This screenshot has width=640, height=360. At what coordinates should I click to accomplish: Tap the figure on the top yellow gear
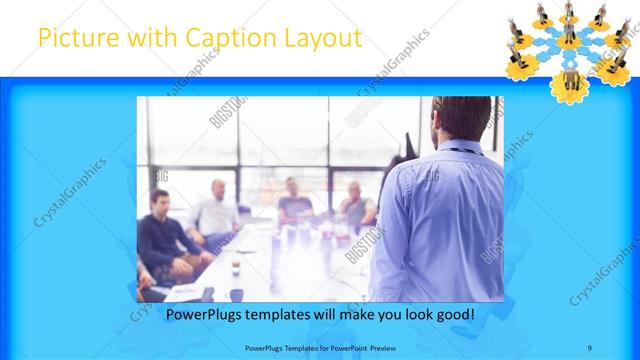point(569,9)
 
